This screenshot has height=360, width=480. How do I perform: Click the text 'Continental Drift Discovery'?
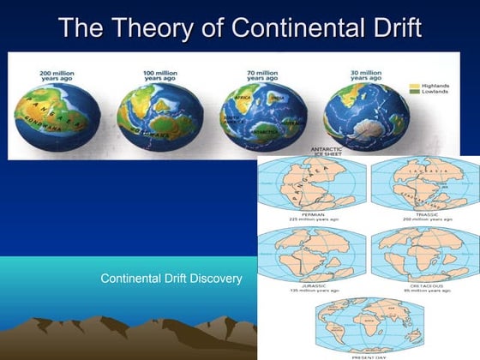point(171,279)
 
